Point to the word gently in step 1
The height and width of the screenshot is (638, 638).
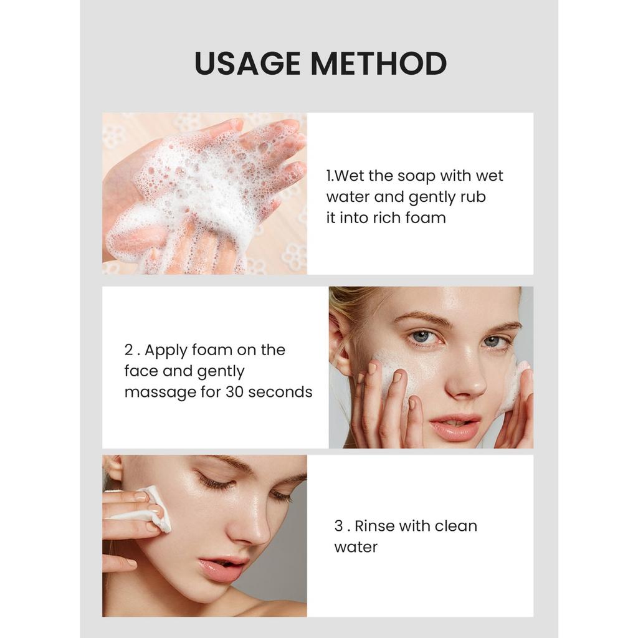432,198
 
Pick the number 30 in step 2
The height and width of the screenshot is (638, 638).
234,392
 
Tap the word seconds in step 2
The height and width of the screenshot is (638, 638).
280,392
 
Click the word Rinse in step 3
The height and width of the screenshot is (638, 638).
374,526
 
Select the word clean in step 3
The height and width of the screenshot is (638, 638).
455,526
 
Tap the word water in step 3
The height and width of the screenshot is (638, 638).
356,547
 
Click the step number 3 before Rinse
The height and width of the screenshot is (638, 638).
338,526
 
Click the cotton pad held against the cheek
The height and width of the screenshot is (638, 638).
156,508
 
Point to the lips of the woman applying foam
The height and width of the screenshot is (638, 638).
454,427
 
